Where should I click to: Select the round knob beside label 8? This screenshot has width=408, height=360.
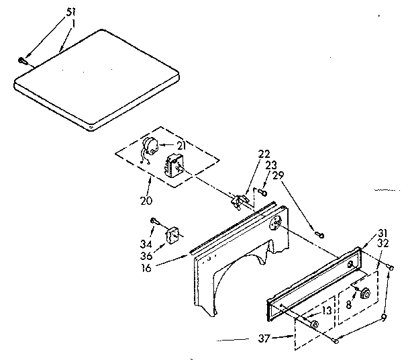click(x=366, y=293)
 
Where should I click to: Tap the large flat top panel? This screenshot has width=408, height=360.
click(x=97, y=77)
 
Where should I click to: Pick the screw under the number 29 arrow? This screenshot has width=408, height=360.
click(x=320, y=234)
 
